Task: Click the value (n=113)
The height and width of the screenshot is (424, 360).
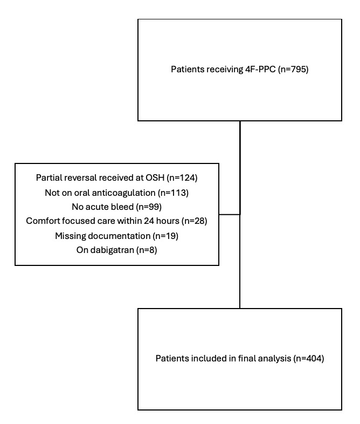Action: pos(177,192)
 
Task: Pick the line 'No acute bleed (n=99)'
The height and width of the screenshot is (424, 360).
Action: pos(116,206)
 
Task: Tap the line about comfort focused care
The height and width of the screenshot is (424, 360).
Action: pos(116,221)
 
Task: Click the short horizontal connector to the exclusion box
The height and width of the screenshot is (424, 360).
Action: pos(229,214)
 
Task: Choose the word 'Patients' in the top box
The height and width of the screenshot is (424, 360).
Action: pos(186,70)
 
